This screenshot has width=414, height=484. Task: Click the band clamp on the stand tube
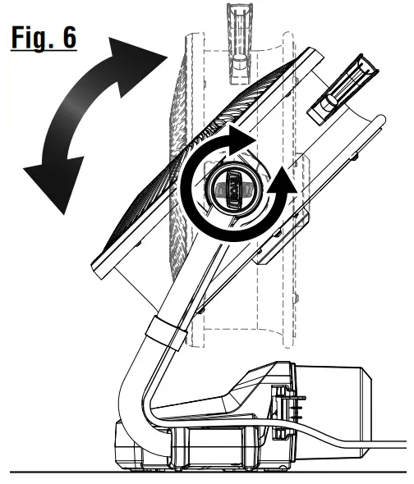(x=163, y=336)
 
